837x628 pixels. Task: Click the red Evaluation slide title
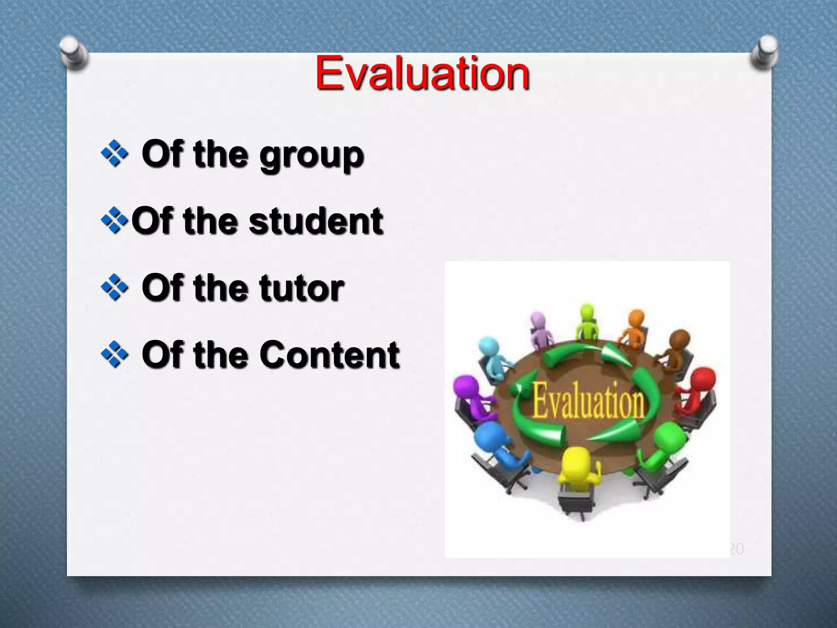click(422, 74)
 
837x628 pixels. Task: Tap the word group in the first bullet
click(312, 156)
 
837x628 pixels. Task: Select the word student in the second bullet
click(316, 222)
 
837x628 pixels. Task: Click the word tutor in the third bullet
click(302, 289)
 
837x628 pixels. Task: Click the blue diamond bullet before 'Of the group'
click(114, 153)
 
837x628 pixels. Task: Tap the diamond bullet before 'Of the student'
click(114, 220)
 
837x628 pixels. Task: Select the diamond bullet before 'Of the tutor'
click(114, 287)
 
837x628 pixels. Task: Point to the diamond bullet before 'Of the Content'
click(114, 354)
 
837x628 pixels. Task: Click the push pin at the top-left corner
click(74, 52)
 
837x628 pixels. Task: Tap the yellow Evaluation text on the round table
click(588, 400)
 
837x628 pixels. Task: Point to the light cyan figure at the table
click(492, 356)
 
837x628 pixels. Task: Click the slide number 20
click(736, 549)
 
